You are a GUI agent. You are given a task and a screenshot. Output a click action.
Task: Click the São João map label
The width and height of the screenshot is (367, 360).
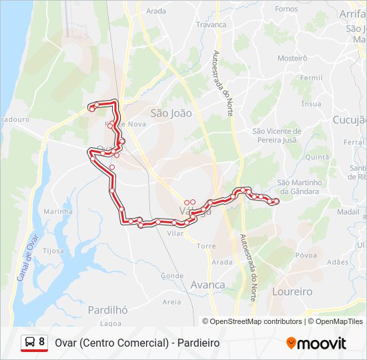[x=171, y=113]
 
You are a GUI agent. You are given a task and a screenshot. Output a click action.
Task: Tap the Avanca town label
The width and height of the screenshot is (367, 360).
[x=208, y=285]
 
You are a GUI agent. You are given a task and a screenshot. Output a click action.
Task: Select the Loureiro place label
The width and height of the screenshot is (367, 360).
[x=292, y=292]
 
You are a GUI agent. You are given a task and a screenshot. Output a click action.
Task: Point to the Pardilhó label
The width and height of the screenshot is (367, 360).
[x=107, y=310]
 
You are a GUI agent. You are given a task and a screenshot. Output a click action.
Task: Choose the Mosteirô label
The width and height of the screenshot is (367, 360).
[x=292, y=58]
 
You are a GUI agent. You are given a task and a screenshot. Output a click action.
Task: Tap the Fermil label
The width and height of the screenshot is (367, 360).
[x=311, y=78]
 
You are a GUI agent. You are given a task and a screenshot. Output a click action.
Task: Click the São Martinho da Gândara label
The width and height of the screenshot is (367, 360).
[x=299, y=187]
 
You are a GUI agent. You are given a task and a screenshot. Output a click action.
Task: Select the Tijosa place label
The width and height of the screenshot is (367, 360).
[x=53, y=251]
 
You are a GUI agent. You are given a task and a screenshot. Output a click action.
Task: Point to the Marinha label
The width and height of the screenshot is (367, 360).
[x=58, y=211]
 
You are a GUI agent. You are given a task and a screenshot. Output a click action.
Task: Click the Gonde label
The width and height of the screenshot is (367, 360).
[x=171, y=275]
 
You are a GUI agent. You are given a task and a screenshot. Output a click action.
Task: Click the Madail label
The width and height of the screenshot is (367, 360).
[x=348, y=211]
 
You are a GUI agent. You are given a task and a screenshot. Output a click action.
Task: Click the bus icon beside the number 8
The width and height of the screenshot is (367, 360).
[x=29, y=343]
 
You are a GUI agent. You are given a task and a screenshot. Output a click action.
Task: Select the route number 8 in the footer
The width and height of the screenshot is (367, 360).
[x=42, y=342]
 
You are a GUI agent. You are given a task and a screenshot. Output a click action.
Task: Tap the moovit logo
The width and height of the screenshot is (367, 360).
[x=316, y=343]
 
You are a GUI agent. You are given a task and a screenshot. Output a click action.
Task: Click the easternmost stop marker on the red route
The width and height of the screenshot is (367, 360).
[x=276, y=201]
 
